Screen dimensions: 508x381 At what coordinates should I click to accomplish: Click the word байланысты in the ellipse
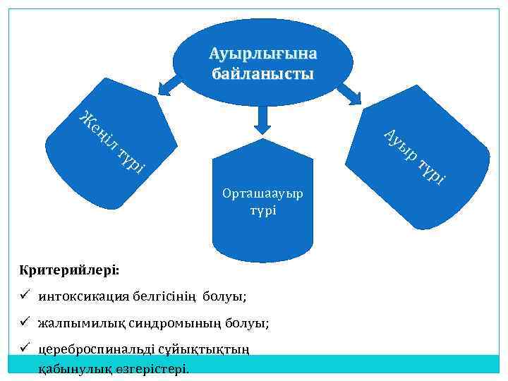[262, 73]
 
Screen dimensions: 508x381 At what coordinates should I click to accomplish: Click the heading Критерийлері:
[70, 270]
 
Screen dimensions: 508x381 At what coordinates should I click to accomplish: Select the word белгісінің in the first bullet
[164, 296]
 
